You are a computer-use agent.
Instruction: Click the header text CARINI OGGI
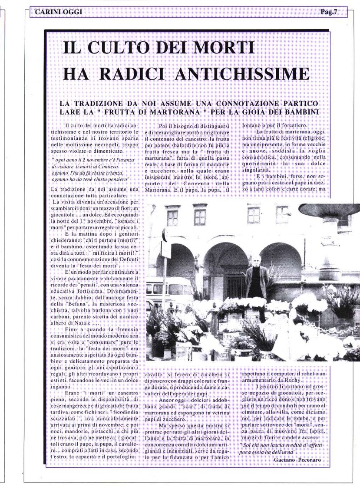tap(58, 12)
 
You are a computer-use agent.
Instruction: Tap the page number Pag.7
tap(329, 12)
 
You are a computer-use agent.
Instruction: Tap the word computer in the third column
tap(283, 374)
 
